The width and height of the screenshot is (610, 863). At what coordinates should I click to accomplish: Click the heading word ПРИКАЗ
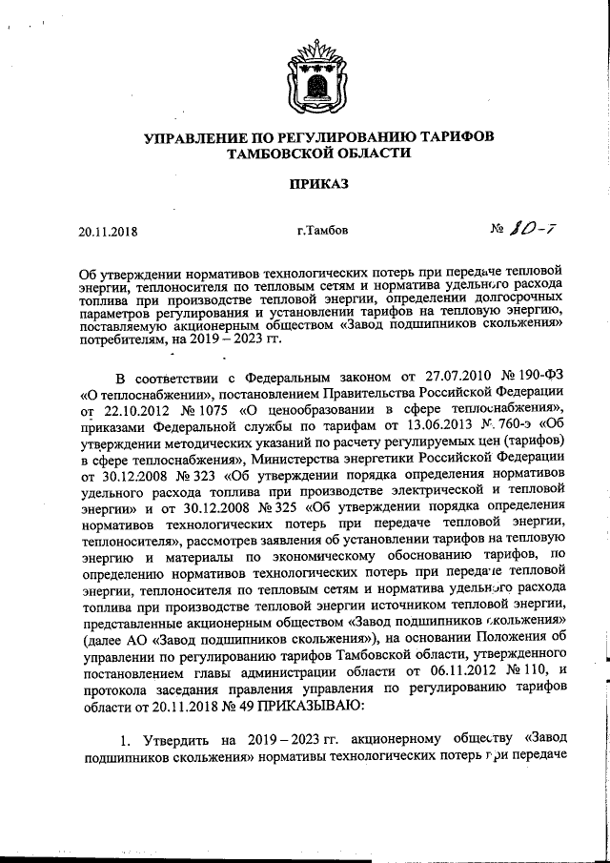304,182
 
